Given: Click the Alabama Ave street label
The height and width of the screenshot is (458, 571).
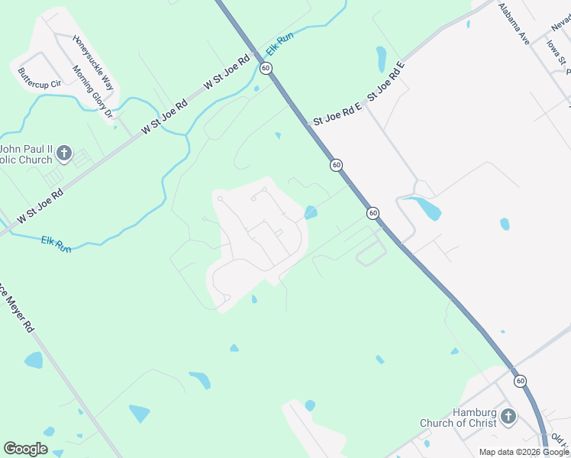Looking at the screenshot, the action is (x=513, y=24).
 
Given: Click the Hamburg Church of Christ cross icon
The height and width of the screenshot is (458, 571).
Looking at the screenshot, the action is (x=508, y=417).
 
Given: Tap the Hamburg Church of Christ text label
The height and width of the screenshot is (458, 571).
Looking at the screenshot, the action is (x=457, y=418).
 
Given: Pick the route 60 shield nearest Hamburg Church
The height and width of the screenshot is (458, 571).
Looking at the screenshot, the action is (x=520, y=380).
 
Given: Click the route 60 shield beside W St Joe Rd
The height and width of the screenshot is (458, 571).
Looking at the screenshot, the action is (x=265, y=68).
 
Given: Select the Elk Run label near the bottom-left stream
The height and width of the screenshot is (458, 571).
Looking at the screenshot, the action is (x=56, y=244).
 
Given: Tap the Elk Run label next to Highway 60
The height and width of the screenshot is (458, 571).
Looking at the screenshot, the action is (x=279, y=47).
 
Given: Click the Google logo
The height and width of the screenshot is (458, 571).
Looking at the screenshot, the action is (x=25, y=449).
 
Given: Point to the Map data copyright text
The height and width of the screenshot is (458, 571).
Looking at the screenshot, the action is (x=524, y=452).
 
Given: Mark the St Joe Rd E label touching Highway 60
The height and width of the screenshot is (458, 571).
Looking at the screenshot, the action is (x=336, y=115).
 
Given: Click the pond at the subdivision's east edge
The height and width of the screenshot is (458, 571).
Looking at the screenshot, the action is (x=311, y=212).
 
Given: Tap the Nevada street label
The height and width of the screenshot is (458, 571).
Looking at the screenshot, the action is (x=560, y=26).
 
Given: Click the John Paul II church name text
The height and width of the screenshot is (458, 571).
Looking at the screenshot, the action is (x=27, y=154).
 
